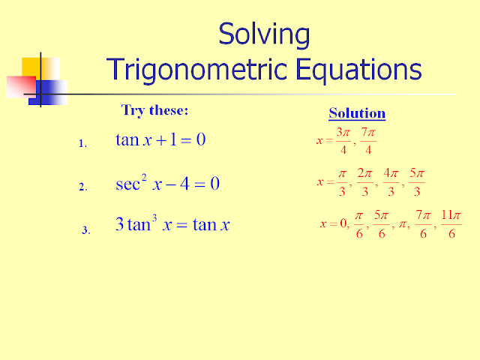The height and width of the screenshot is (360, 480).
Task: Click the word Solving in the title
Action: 263,34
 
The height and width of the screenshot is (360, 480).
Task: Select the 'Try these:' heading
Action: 154,111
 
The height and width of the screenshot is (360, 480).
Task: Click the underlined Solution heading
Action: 357,114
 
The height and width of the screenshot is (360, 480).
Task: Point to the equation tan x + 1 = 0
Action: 160,140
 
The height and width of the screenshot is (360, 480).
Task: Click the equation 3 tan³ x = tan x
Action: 172,224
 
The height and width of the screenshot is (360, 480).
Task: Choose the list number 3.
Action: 85,230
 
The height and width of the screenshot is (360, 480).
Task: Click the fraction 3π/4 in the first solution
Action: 343,140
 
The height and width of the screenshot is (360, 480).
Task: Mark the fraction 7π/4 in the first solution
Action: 367,140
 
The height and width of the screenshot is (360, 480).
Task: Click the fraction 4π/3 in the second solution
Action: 391,182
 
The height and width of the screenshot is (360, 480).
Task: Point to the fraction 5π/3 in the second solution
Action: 417,182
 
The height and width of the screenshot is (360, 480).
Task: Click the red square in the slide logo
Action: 19,86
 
